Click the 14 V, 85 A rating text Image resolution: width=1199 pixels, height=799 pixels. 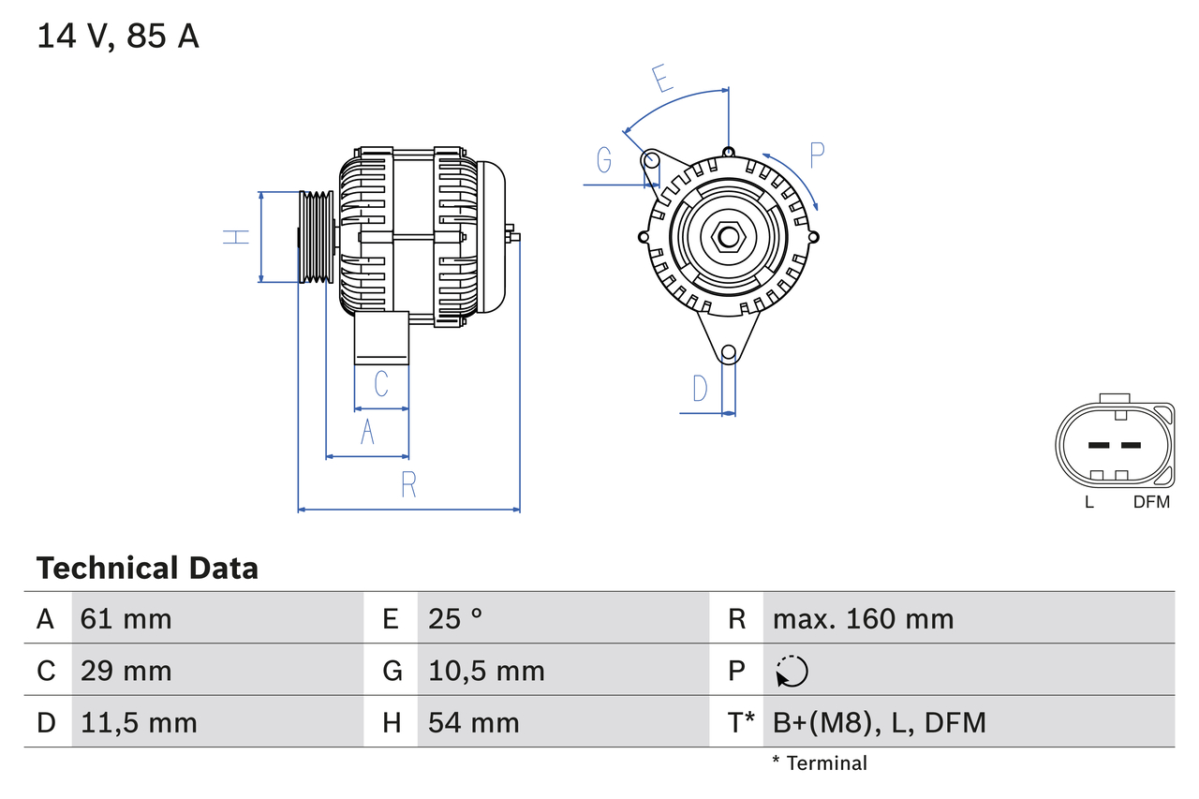[x=118, y=37]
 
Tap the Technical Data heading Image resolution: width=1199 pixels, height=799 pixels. [x=147, y=568]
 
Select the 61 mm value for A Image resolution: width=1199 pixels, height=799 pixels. [x=126, y=618]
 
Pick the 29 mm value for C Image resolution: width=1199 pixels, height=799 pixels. [x=126, y=671]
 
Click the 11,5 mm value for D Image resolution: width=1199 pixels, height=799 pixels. [x=139, y=722]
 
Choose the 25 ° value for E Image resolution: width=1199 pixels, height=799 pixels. [x=455, y=618]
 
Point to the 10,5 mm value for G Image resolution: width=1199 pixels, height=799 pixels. [x=485, y=671]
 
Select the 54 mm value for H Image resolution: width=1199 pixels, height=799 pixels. [x=473, y=722]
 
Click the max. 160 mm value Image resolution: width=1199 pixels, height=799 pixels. [x=863, y=618]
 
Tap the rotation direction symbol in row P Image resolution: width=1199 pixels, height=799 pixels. [x=792, y=672]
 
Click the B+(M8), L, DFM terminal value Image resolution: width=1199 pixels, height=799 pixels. [x=879, y=722]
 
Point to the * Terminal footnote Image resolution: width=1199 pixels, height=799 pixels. [x=820, y=763]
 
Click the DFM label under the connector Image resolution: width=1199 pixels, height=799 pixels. [x=1151, y=502]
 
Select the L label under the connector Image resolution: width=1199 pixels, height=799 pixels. [x=1088, y=502]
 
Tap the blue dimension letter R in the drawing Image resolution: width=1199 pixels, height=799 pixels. [x=408, y=484]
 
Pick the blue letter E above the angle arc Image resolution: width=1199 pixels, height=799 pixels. [x=662, y=79]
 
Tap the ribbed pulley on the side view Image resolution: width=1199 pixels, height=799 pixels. [x=316, y=237]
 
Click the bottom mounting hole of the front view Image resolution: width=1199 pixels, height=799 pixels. [x=728, y=352]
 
